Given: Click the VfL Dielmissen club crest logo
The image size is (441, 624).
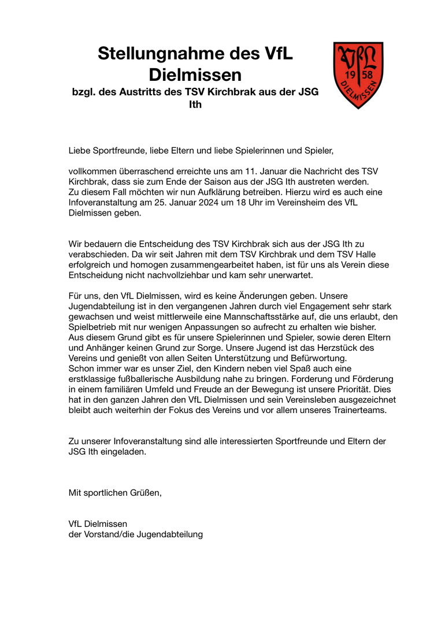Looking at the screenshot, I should [358, 75].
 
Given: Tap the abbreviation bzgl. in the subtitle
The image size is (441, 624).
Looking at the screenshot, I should [83, 92].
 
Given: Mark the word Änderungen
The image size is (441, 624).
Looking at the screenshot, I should [262, 296].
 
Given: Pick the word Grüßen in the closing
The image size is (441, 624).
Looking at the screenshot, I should [144, 493].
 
